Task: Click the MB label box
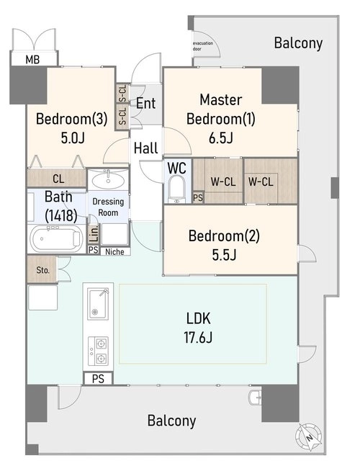pyautogui.click(x=34, y=58)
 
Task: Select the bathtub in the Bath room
pyautogui.click(x=56, y=238)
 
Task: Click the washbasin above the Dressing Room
pyautogui.click(x=108, y=181)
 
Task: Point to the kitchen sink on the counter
pyautogui.click(x=98, y=304)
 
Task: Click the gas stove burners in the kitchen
pyautogui.click(x=98, y=351)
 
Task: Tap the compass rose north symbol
pyautogui.click(x=309, y=437)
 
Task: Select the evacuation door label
pyautogui.click(x=203, y=46)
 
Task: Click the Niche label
pyautogui.click(x=114, y=251)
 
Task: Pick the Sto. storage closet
pyautogui.click(x=42, y=270)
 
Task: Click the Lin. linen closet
pyautogui.click(x=94, y=234)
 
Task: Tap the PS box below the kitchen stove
pyautogui.click(x=98, y=379)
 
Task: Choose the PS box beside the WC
pyautogui.click(x=198, y=197)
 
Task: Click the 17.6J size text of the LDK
pyautogui.click(x=198, y=337)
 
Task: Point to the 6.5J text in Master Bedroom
pyautogui.click(x=220, y=138)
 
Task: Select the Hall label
pyautogui.click(x=145, y=148)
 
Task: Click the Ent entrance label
pyautogui.click(x=145, y=103)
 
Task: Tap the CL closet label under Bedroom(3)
pyautogui.click(x=58, y=179)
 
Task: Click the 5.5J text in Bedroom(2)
pyautogui.click(x=224, y=255)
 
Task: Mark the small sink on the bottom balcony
pyautogui.click(x=254, y=397)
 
